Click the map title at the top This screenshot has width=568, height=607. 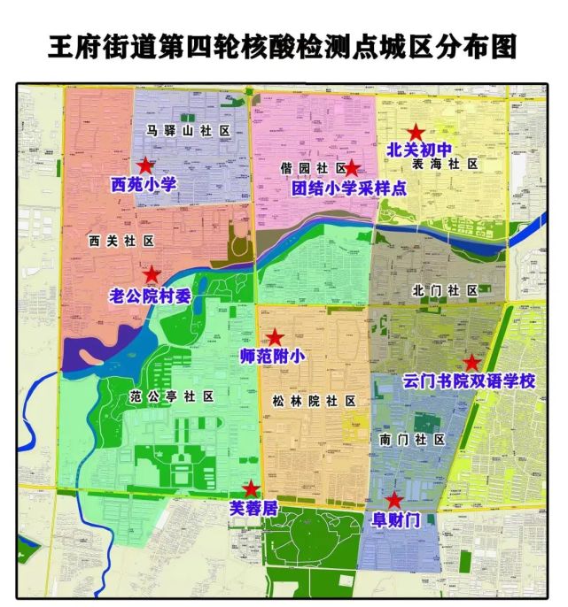pos(283,46)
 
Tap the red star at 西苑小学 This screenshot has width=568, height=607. pos(145,165)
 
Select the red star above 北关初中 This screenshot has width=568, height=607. pos(416,132)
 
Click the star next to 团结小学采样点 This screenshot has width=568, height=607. pos(352,167)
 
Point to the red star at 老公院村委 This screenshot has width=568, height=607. pos(152,274)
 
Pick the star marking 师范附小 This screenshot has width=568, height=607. pos(275,337)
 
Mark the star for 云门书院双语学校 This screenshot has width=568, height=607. pos(471,363)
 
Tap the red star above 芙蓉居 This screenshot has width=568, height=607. pos(252,488)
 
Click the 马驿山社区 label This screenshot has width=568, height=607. pos(189,131)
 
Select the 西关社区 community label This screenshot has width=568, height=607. pos(121,240)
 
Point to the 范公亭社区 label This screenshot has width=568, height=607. pos(171,396)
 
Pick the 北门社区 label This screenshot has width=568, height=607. pos(446,290)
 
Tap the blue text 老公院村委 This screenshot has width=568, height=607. pos(150,296)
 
